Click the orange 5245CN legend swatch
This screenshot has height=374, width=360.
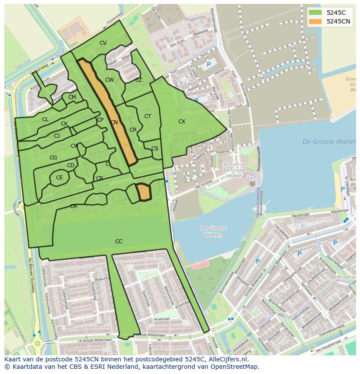pyautogui.click(x=316, y=21)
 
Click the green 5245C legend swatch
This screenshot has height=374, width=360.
pyautogui.click(x=316, y=12)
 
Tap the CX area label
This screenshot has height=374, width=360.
pyautogui.click(x=182, y=122)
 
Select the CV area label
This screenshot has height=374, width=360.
pyautogui.click(x=103, y=43)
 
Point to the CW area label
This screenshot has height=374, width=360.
pyautogui.click(x=110, y=80)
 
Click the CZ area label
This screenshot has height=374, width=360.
pyautogui.click(x=139, y=80)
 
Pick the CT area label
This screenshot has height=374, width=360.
pyautogui.click(x=147, y=116)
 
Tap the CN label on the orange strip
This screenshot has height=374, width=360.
pyautogui.click(x=114, y=123)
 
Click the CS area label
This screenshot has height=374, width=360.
pyautogui.click(x=155, y=149)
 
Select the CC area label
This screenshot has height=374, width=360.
pyautogui.click(x=119, y=242)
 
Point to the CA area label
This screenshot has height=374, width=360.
pyautogui.click(x=73, y=206)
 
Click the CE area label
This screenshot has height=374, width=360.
pyautogui.click(x=60, y=178)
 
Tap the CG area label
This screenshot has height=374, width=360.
pyautogui.click(x=53, y=158)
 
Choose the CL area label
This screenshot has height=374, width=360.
pyautogui.click(x=45, y=119)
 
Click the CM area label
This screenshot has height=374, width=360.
pyautogui.click(x=72, y=97)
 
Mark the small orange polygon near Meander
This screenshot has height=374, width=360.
pyautogui.click(x=143, y=192)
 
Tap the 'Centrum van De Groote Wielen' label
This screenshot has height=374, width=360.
pyautogui.click(x=234, y=170)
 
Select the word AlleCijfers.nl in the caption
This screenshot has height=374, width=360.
pyautogui.click(x=227, y=359)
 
